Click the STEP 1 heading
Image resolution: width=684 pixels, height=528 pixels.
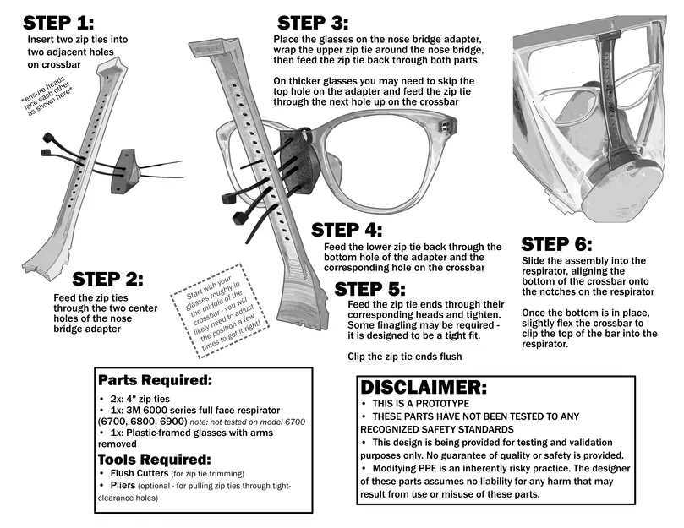point(58,22)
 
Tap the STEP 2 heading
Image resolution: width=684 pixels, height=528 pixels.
point(108,280)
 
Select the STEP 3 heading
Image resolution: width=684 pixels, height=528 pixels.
point(314,23)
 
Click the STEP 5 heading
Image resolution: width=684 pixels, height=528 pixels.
point(371,290)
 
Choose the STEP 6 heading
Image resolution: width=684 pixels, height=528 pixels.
point(557,245)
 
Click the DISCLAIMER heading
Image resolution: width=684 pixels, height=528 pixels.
point(424,388)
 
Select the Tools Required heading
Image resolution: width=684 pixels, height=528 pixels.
point(153,459)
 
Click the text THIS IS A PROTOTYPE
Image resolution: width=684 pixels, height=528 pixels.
point(424,403)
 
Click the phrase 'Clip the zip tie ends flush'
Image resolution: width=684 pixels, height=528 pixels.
point(404,357)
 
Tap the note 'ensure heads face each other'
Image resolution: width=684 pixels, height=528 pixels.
point(48,101)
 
